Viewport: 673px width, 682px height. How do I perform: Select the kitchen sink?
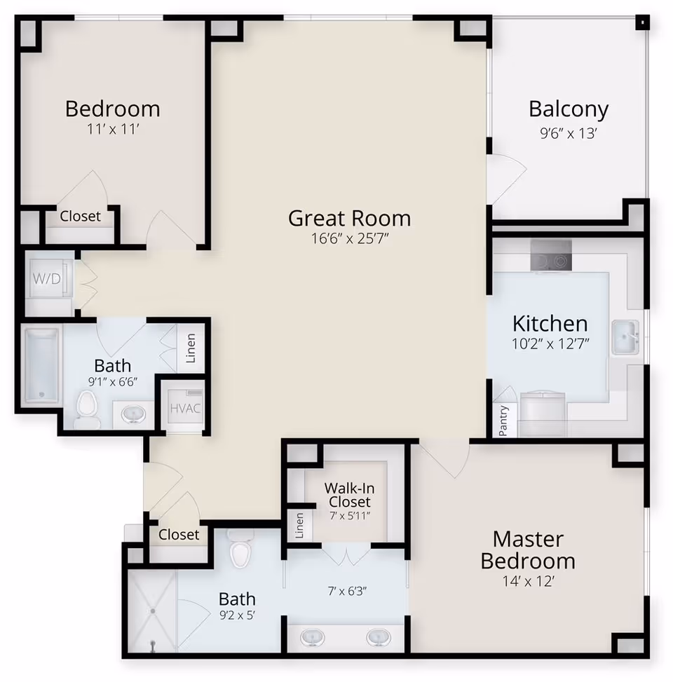(624, 337)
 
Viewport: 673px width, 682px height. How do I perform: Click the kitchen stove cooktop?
(551, 260)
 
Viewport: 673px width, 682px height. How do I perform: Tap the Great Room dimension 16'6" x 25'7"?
(349, 238)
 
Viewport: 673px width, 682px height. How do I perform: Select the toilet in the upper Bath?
(87, 409)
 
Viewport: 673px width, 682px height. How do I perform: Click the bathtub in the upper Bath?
(42, 365)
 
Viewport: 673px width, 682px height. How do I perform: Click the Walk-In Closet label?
(347, 495)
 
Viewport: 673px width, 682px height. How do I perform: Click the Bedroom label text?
(112, 109)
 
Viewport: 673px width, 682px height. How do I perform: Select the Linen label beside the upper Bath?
(191, 348)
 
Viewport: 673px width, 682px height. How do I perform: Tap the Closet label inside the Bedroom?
(80, 216)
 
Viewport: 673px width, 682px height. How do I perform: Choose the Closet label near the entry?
(179, 534)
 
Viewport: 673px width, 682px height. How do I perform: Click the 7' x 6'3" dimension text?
(347, 589)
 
